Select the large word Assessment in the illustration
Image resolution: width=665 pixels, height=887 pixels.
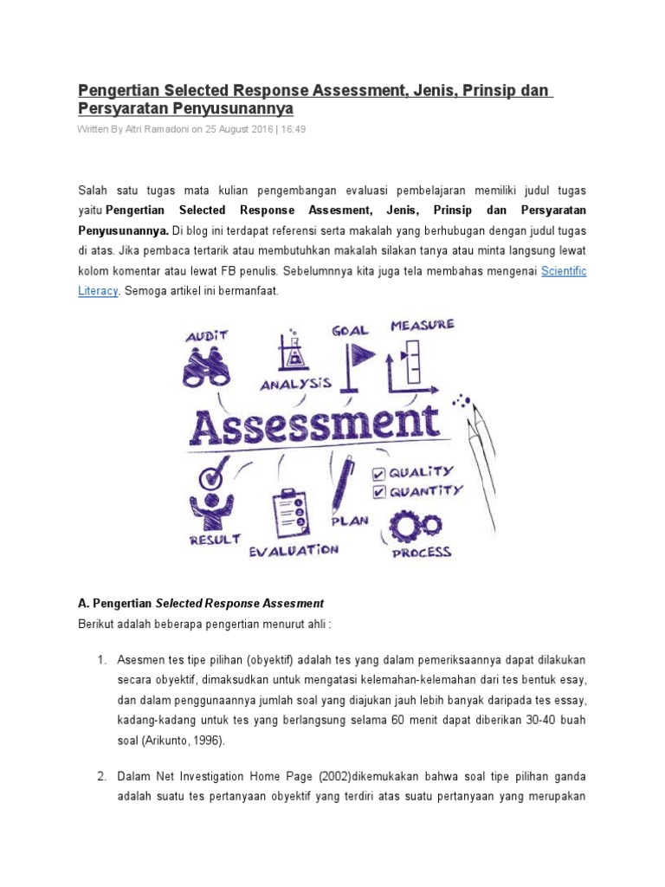pos(314,424)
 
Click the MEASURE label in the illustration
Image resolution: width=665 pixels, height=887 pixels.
pos(422,326)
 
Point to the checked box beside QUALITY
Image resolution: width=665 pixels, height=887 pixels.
pos(378,474)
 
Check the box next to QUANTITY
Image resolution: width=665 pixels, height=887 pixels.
pos(378,493)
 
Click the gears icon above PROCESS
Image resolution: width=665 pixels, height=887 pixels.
pos(416,525)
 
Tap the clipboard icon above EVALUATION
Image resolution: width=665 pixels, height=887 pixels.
pos(288,515)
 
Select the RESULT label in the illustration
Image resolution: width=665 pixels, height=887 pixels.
pos(214,540)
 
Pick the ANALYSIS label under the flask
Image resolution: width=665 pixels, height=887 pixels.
pos(296,382)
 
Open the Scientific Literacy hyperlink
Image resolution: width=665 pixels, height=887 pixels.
pos(564,271)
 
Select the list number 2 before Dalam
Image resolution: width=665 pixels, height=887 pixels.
pos(101,777)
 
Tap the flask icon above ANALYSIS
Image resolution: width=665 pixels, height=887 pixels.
pos(294,349)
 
